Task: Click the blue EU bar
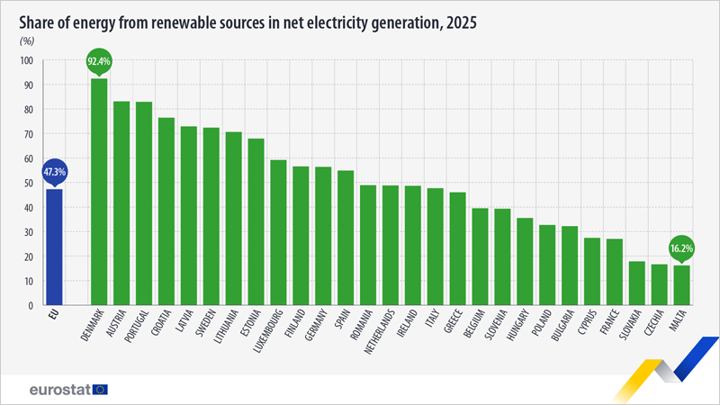click(54, 247)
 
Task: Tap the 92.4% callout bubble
click(99, 62)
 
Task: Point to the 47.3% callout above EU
click(54, 171)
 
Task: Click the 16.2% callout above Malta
click(682, 247)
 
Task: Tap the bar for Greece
click(458, 248)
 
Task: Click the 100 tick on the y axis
click(25, 61)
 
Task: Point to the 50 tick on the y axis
click(27, 184)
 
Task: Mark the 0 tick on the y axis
click(30, 306)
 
